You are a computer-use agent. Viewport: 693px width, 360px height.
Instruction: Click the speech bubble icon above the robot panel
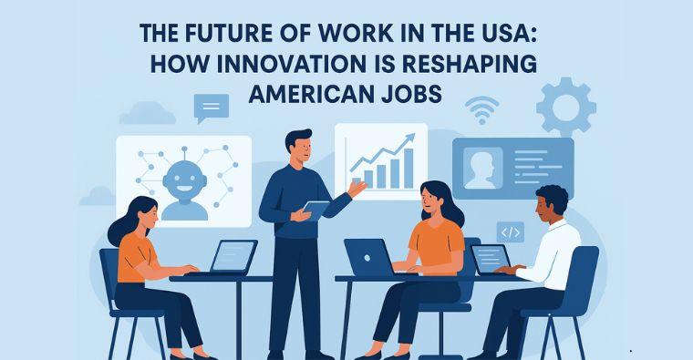click(211, 108)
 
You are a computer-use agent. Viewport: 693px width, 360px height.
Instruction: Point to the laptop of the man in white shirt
click(491, 259)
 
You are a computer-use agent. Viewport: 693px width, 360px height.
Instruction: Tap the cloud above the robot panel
click(146, 113)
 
